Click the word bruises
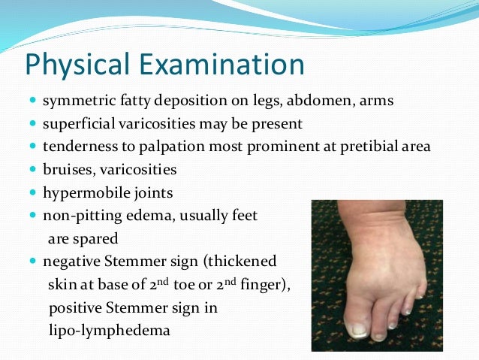tap(65, 169)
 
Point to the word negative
tap(69, 262)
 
